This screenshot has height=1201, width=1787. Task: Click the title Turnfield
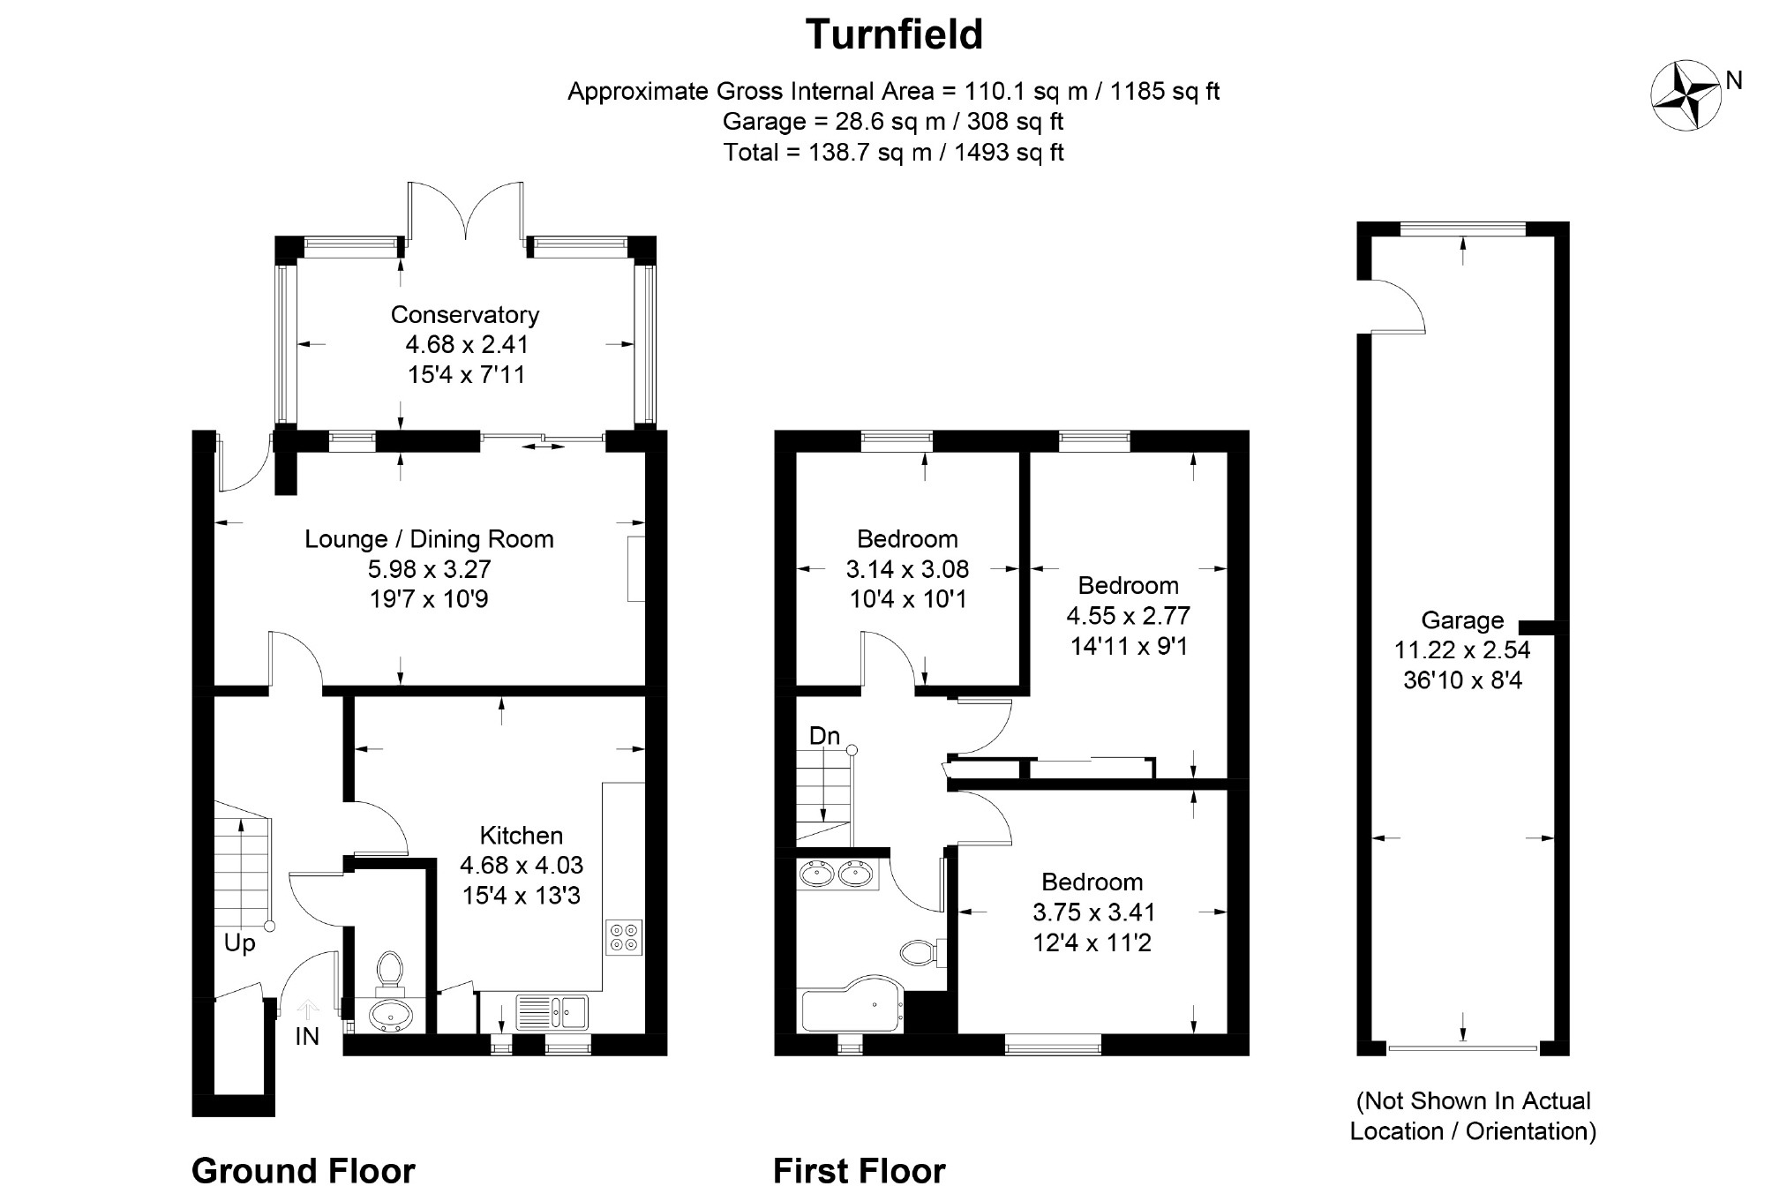coord(894,34)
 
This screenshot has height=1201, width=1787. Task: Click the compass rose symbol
coord(1686,96)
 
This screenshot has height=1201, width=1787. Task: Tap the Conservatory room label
coord(464,315)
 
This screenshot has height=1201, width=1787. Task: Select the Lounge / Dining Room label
coord(429,539)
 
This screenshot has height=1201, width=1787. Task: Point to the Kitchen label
coord(521,835)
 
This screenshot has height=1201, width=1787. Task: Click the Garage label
coord(1462,620)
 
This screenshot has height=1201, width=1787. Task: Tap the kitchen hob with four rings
coord(625,937)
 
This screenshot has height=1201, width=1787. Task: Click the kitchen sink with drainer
coord(552,1011)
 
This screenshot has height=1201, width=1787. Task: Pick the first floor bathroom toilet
coord(922,952)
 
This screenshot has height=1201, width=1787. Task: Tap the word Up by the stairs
coord(239,944)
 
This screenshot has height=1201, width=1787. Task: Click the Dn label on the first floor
coord(824,736)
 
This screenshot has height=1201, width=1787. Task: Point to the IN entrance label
coord(307,1036)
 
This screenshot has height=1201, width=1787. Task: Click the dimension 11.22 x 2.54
coord(1462,650)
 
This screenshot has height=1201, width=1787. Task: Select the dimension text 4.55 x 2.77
coord(1129,615)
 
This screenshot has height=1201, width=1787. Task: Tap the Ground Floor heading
coord(304,1171)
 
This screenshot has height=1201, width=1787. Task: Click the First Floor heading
coord(860,1171)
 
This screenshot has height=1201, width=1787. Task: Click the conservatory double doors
coord(465,212)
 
